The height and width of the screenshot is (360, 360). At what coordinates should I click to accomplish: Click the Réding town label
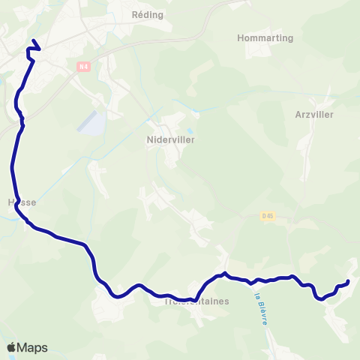tap(147, 14)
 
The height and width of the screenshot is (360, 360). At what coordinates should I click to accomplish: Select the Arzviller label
tap(314, 115)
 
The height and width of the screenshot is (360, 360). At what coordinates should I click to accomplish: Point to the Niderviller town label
tap(171, 139)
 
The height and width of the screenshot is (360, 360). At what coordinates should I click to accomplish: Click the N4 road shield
tap(83, 67)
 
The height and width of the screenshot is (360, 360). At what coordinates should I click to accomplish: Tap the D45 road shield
tap(268, 216)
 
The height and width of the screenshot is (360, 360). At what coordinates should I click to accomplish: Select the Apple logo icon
tap(11, 347)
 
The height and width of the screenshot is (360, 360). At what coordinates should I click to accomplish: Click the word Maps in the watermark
tap(32, 347)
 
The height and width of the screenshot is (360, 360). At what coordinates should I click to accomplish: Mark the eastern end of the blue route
tap(348, 282)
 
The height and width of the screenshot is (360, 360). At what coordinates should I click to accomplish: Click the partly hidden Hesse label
tap(21, 202)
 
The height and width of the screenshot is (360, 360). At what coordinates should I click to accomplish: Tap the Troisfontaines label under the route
tap(196, 301)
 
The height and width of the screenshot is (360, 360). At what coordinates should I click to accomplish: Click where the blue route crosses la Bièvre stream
tap(252, 281)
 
